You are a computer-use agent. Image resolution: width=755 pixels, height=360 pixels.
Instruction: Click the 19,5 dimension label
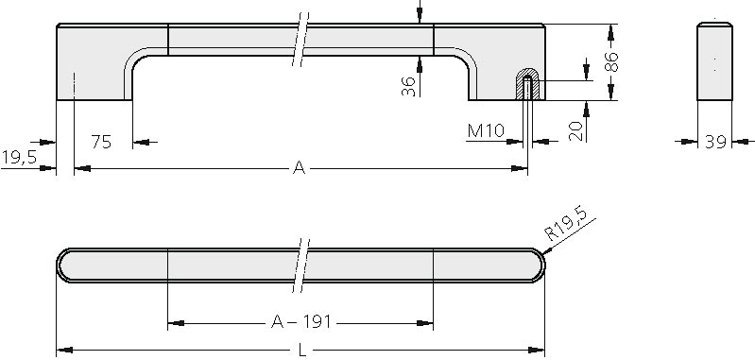point(19,157)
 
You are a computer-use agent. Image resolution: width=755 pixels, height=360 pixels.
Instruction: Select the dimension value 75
point(101,142)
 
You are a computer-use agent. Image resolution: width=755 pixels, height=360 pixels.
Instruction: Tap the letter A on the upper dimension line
point(299,168)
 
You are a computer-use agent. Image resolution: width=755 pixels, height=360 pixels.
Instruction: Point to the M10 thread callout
point(486,130)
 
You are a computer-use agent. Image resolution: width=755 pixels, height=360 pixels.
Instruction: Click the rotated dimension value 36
point(408,86)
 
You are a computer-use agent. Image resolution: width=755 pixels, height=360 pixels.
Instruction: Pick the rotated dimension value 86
point(611,61)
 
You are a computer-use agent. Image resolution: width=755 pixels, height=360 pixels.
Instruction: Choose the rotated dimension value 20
point(576,131)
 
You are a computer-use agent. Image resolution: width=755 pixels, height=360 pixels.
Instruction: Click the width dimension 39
point(715,142)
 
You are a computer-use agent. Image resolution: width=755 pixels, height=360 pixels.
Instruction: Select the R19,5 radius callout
point(567,223)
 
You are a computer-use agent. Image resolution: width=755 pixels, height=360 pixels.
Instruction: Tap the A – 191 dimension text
point(301,321)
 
